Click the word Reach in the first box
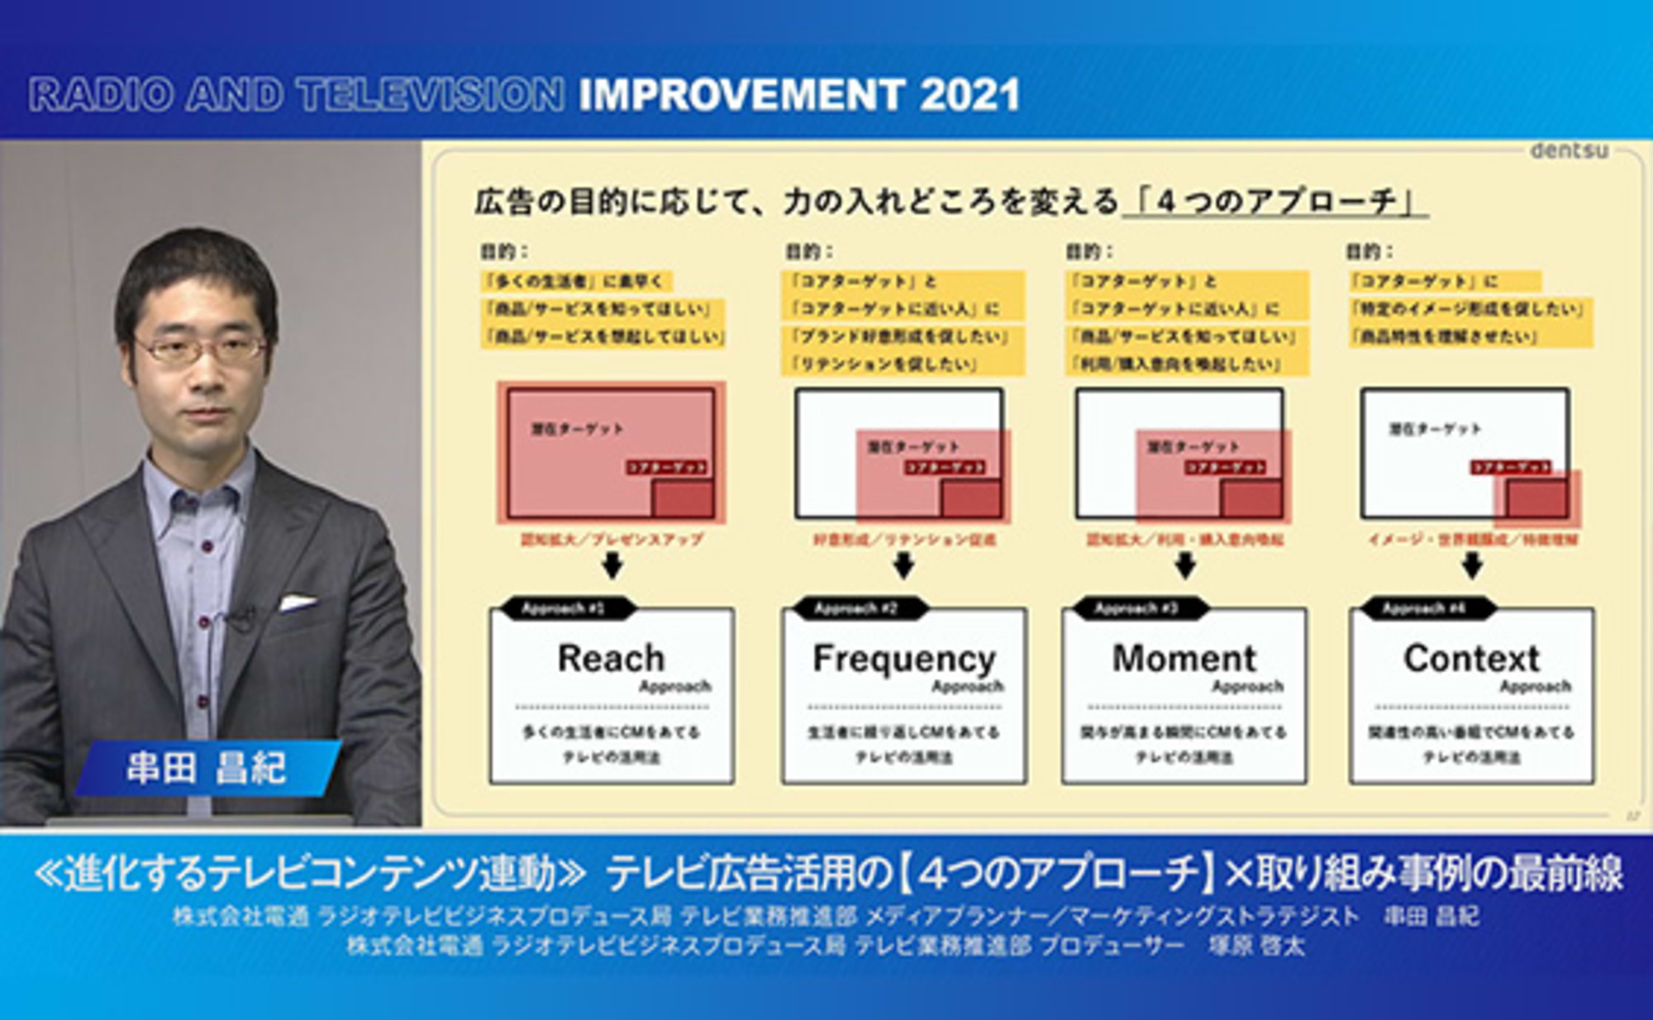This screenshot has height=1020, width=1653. click(x=611, y=659)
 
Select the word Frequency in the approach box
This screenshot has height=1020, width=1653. click(x=903, y=660)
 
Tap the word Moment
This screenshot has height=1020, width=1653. click(x=1184, y=659)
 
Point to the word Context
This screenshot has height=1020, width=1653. click(x=1471, y=659)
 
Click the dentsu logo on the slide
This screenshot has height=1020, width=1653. click(x=1568, y=150)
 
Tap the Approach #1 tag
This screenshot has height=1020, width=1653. click(x=564, y=609)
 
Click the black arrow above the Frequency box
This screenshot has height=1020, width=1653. click(x=903, y=566)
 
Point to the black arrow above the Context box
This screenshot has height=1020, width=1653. click(x=1471, y=566)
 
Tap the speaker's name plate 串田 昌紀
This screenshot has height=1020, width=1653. click(x=207, y=768)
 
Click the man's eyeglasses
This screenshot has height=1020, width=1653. click(x=201, y=350)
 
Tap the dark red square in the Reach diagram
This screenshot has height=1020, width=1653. click(x=683, y=499)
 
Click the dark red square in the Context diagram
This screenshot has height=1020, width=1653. click(x=1536, y=499)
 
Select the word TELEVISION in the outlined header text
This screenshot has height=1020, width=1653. click(x=431, y=95)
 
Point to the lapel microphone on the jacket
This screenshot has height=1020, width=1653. click(x=241, y=616)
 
